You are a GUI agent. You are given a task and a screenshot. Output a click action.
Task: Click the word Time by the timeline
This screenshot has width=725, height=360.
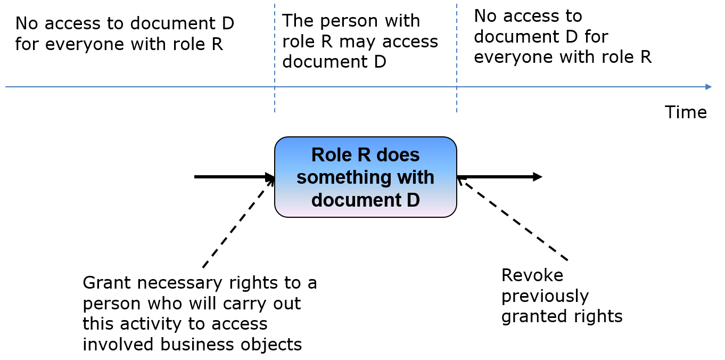pos(686,112)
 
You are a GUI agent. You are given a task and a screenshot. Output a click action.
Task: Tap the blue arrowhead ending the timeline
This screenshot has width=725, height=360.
pos(708,87)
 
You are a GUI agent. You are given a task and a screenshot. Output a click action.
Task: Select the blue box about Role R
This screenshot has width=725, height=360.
pos(365,177)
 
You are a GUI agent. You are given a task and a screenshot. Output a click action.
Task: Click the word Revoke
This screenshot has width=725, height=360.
pos(532,275)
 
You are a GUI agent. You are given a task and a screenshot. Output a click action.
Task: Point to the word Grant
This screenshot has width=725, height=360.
pos(107,283)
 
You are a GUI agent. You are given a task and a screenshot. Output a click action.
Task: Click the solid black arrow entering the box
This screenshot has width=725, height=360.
pos(234,177)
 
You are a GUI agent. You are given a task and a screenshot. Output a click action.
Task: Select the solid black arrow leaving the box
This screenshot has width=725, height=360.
pos(499,177)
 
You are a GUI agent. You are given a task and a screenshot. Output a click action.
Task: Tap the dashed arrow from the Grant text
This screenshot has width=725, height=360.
pos(238,223)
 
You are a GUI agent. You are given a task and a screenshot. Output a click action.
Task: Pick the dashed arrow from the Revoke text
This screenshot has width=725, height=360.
pos(512,219)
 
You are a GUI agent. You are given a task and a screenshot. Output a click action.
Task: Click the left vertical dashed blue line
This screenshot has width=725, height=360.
pos(275,58)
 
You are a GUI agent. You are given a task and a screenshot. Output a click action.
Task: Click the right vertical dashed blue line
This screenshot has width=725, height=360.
pos(457,58)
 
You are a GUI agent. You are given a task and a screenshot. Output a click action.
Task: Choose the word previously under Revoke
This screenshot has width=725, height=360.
pos(545,297)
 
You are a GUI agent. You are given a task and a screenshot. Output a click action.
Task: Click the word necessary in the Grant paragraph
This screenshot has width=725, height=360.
pos(179,283)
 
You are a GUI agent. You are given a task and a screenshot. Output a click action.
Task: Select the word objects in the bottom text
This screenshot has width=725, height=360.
pos(269,345)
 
